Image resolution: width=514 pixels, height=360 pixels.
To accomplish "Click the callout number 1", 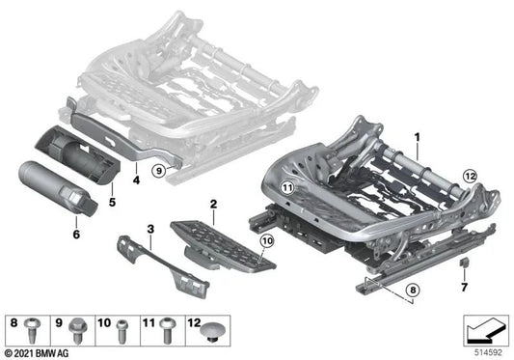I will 418,137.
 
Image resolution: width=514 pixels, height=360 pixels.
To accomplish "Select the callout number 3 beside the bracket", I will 150,229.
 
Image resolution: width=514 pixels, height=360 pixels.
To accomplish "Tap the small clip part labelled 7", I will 465,261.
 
